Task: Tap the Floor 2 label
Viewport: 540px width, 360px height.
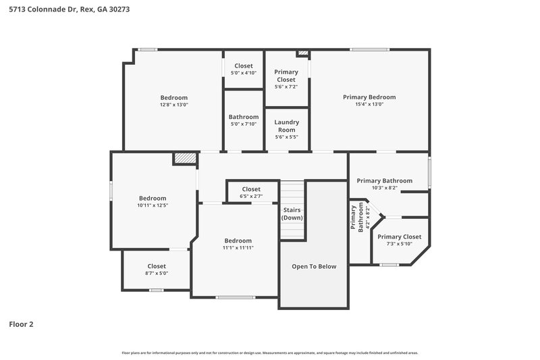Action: pyautogui.click(x=21, y=324)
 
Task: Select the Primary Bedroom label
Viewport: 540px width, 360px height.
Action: pyautogui.click(x=369, y=97)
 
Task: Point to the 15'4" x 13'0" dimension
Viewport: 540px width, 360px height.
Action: pyautogui.click(x=369, y=105)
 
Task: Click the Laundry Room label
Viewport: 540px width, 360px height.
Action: pyautogui.click(x=286, y=126)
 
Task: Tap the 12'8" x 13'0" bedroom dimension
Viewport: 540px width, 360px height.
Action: pyautogui.click(x=173, y=105)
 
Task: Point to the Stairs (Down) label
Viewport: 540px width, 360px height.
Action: pyautogui.click(x=292, y=214)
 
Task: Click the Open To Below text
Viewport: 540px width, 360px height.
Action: pyautogui.click(x=313, y=267)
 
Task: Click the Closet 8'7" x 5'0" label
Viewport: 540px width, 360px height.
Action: pyautogui.click(x=157, y=269)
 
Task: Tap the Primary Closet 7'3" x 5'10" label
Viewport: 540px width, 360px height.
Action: pyautogui.click(x=399, y=240)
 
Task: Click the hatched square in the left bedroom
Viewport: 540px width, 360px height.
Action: pyautogui.click(x=184, y=158)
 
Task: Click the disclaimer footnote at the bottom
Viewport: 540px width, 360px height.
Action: pyautogui.click(x=270, y=353)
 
